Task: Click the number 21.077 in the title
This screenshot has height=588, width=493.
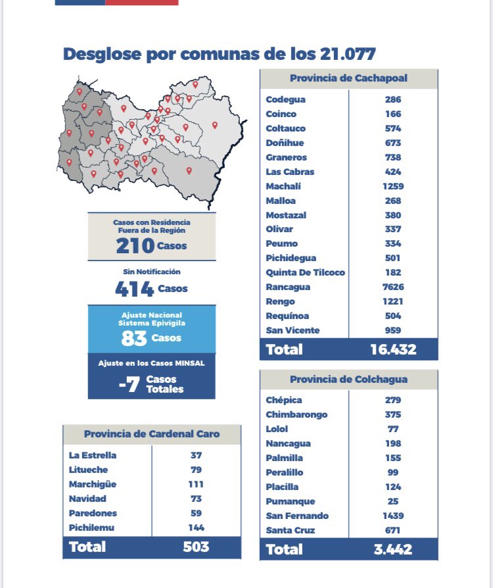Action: pyautogui.click(x=348, y=54)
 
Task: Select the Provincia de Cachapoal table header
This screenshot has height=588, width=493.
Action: pyautogui.click(x=348, y=78)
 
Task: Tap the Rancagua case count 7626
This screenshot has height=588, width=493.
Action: pyautogui.click(x=393, y=287)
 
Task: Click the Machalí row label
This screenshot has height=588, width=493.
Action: pyautogui.click(x=283, y=186)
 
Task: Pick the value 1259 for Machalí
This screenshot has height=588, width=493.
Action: pyautogui.click(x=393, y=186)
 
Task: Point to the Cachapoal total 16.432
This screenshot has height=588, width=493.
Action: pyautogui.click(x=393, y=349)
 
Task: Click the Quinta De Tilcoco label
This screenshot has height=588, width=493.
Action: pyautogui.click(x=305, y=273)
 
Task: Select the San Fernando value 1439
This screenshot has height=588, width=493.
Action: pyautogui.click(x=393, y=516)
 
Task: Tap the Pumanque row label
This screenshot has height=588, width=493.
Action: pyautogui.click(x=290, y=502)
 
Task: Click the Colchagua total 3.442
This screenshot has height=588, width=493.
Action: pyautogui.click(x=393, y=549)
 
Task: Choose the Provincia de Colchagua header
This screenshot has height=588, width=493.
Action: pyautogui.click(x=348, y=379)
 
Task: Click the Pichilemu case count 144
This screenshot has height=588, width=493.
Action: pyautogui.click(x=196, y=527)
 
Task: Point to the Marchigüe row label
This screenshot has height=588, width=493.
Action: pyautogui.click(x=93, y=484)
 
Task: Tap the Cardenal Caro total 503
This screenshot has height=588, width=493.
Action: pyautogui.click(x=196, y=547)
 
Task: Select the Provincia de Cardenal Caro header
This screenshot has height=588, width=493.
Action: pyautogui.click(x=152, y=434)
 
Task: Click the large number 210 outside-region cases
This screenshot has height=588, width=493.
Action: pyautogui.click(x=135, y=246)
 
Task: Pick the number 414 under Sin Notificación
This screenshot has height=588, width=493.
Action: pyautogui.click(x=134, y=289)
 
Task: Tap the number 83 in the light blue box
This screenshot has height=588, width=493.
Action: pyautogui.click(x=134, y=338)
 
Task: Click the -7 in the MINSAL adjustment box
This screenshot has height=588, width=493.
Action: pyautogui.click(x=129, y=384)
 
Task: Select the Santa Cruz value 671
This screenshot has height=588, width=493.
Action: pyautogui.click(x=393, y=531)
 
